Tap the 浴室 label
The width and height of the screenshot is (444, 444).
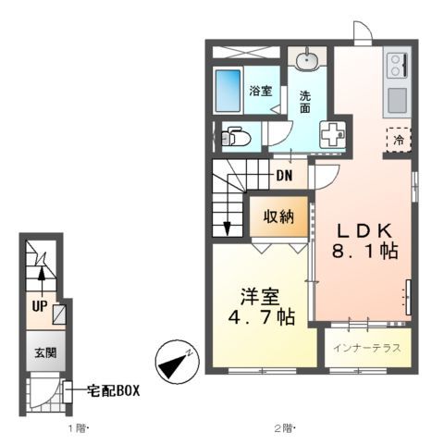tap(260, 91)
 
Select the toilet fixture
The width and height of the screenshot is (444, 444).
tap(233, 138)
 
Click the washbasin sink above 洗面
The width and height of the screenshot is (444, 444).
tap(307, 60)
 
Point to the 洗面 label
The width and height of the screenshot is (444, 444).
tap(307, 103)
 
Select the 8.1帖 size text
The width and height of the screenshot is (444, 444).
tap(364, 252)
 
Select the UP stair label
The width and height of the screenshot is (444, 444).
tap(40, 305)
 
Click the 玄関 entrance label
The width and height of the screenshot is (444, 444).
tap(45, 353)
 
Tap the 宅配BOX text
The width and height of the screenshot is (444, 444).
tap(114, 390)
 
